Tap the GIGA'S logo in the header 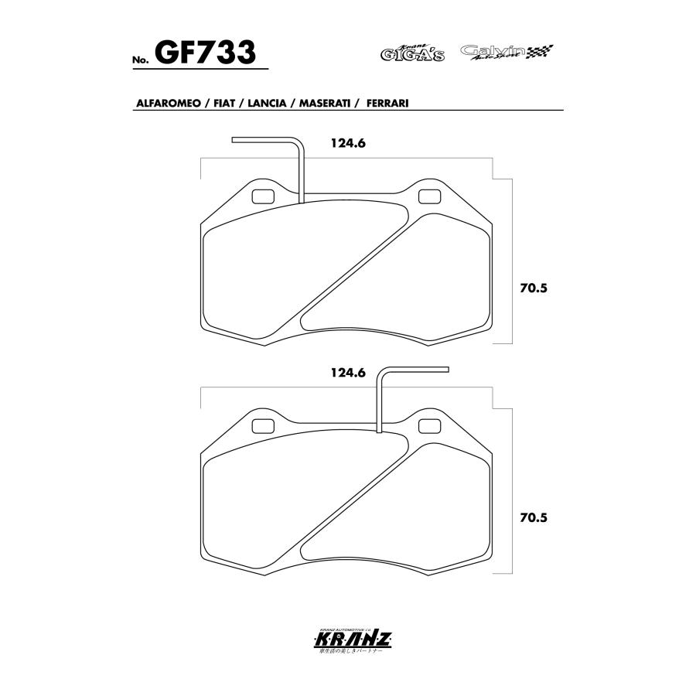[413, 53]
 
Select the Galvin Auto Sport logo [495, 52]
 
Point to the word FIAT [223, 103]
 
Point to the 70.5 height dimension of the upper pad [534, 288]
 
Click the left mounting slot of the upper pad [263, 196]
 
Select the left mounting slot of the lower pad [263, 425]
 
